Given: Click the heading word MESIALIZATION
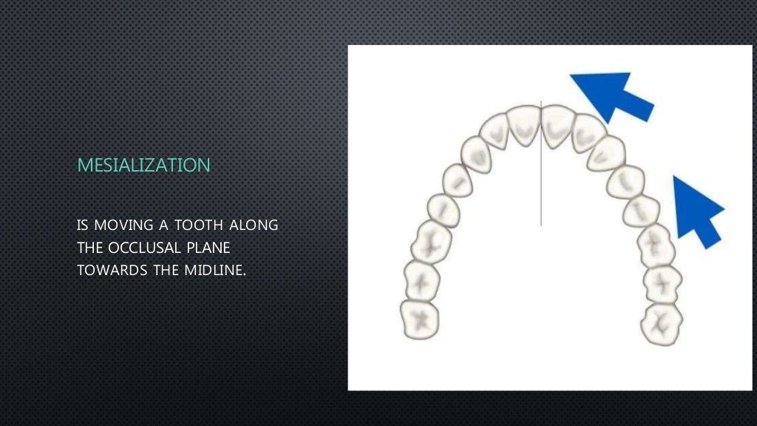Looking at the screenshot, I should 143,165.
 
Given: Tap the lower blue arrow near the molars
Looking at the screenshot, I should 696,210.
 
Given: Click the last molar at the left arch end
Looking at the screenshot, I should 419,319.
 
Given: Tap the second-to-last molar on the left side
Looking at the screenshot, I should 422,281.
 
